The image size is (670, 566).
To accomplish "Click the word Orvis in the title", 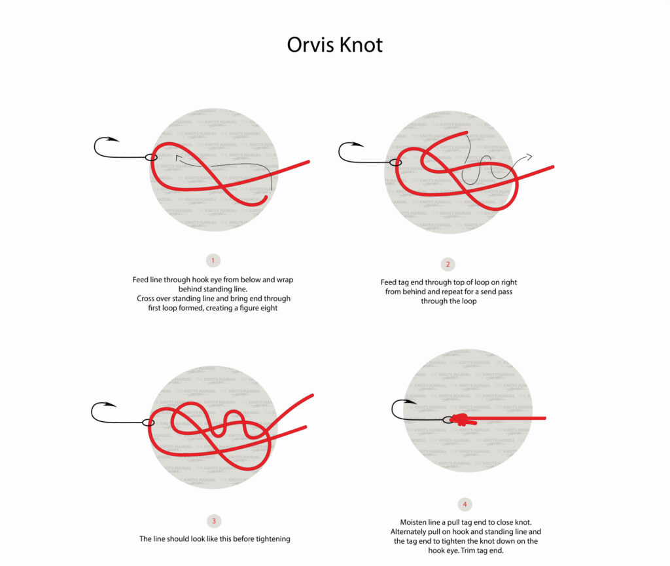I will pos(309,45).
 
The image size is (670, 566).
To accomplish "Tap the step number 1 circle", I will pos(213,261).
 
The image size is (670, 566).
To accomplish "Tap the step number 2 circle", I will pos(448,265).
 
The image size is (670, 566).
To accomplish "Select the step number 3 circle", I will pos(213,521).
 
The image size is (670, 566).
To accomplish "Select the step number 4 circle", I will pos(465,504).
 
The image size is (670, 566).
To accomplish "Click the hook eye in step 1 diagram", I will pos(151,157).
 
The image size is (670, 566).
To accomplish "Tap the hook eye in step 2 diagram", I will pos(395,162).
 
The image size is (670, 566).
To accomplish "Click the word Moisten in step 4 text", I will pos(416,522).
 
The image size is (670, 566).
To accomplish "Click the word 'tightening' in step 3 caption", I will pos(269,538).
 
